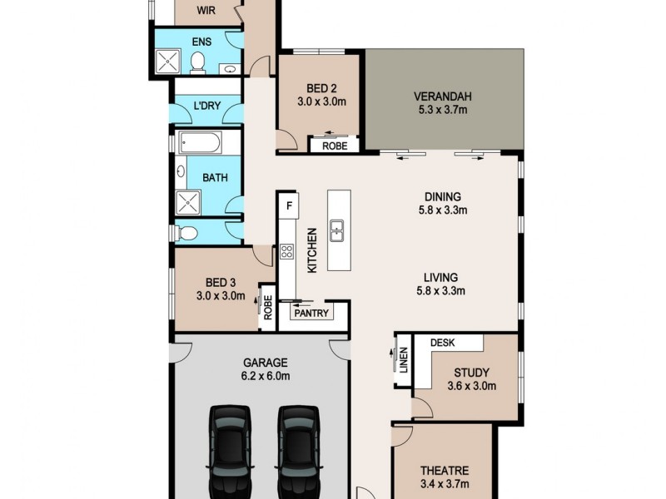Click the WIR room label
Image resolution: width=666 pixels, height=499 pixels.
click(204, 11)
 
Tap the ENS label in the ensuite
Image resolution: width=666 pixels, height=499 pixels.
click(201, 41)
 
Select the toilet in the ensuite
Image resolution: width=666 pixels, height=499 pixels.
click(198, 62)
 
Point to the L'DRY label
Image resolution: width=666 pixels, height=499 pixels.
click(206, 106)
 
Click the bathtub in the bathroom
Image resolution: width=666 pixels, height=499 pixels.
click(200, 144)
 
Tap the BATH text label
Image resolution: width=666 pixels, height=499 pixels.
click(215, 177)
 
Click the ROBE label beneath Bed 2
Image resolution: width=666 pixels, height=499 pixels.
click(334, 145)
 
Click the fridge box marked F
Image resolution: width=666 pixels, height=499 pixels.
click(289, 205)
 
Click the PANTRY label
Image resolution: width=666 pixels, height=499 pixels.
click(311, 314)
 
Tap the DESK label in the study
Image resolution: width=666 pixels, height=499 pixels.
click(442, 342)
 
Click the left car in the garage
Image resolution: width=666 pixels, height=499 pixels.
click(229, 451)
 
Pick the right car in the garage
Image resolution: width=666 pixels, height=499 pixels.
click(298, 451)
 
